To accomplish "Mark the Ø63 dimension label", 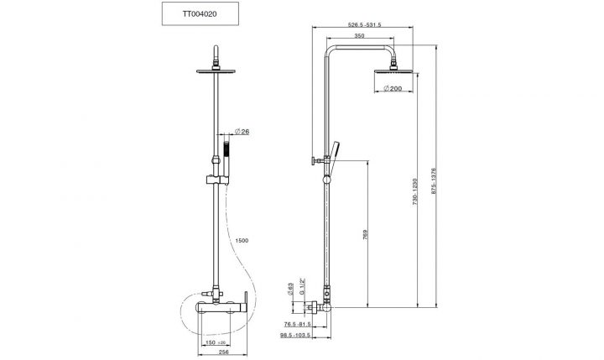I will (290, 290).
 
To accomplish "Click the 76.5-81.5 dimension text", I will (297, 324).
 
